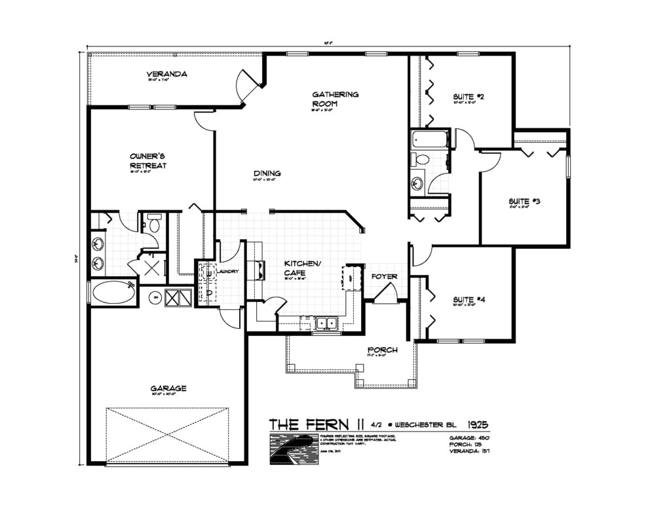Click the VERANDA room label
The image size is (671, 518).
[166, 74]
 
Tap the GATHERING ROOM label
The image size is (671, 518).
[335, 99]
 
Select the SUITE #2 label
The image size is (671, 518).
[468, 97]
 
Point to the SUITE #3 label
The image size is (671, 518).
[524, 201]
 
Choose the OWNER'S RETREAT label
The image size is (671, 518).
[148, 160]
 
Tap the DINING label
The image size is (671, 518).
[267, 174]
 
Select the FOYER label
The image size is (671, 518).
[384, 276]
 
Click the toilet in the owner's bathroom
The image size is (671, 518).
[155, 224]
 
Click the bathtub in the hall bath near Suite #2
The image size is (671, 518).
[429, 139]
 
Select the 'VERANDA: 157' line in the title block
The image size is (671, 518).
[470, 452]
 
